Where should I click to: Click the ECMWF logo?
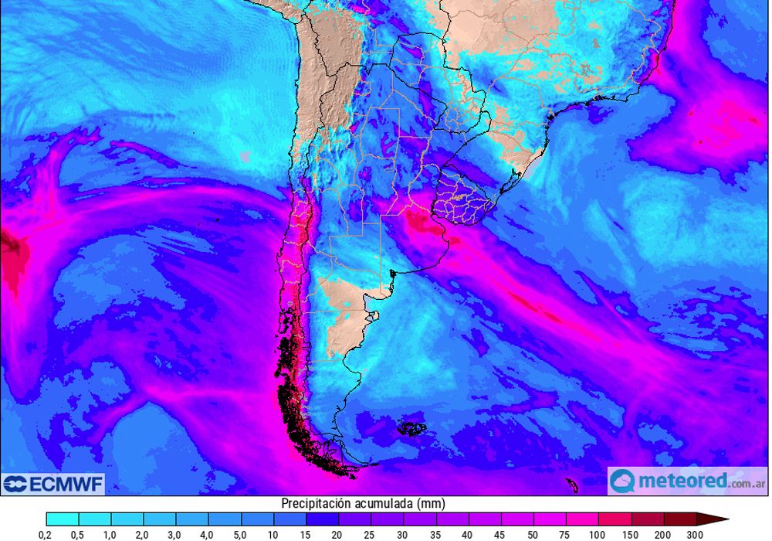click(x=52, y=485)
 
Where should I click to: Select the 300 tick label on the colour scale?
click(x=695, y=534)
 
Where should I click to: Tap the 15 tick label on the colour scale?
click(x=306, y=534)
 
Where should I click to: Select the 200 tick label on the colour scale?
click(x=663, y=534)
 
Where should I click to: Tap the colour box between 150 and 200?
click(x=647, y=519)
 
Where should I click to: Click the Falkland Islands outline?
click(x=411, y=427)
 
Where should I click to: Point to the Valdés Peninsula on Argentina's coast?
click(x=374, y=315)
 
